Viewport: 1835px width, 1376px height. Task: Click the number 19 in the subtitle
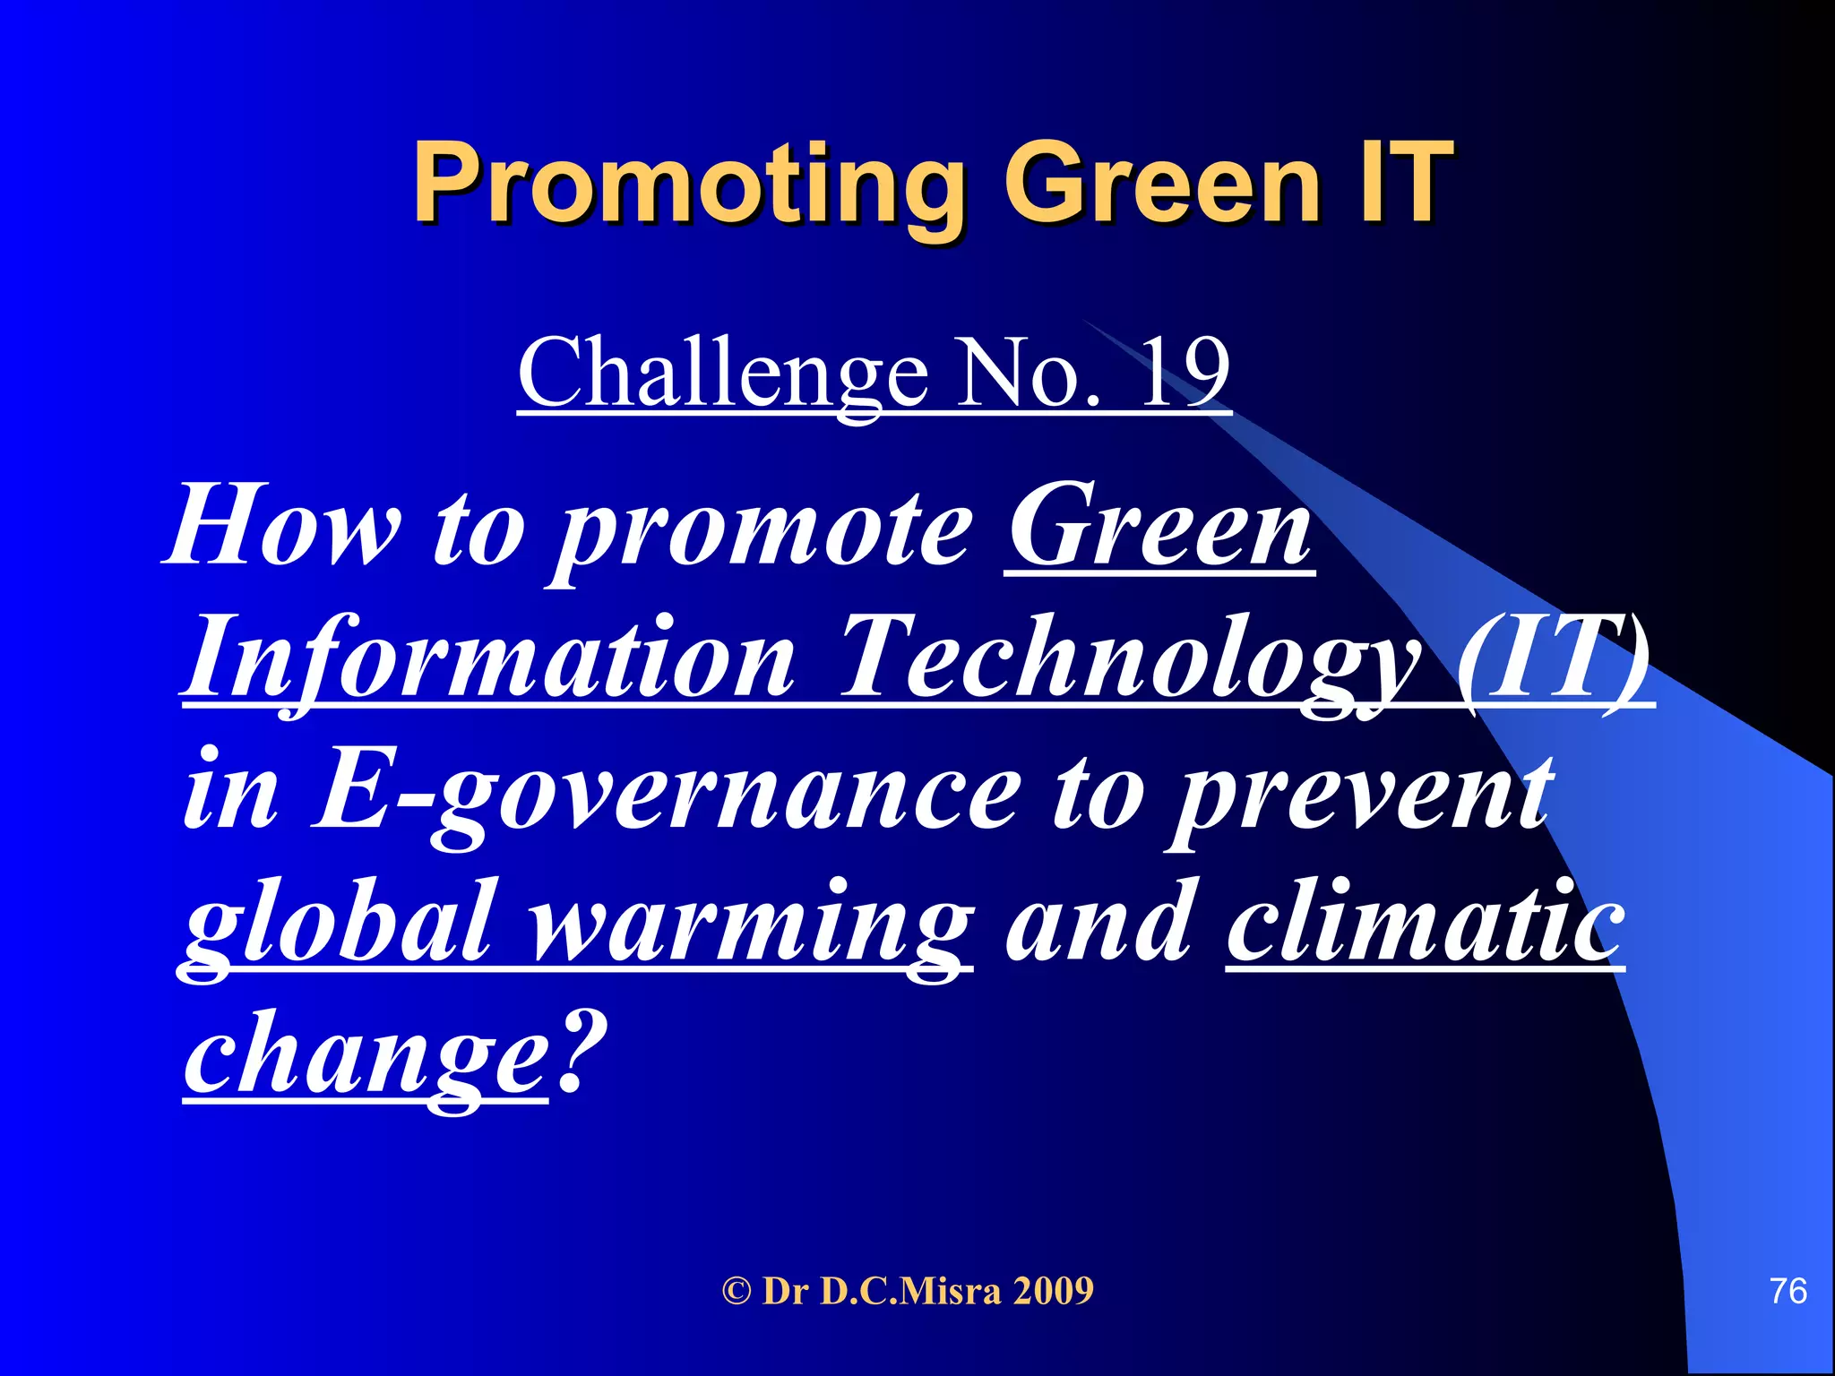[1184, 373]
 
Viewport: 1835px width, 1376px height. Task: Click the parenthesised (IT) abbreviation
[1555, 658]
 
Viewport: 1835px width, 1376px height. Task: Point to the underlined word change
[364, 1055]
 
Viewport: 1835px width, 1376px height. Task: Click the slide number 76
[1788, 1291]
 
